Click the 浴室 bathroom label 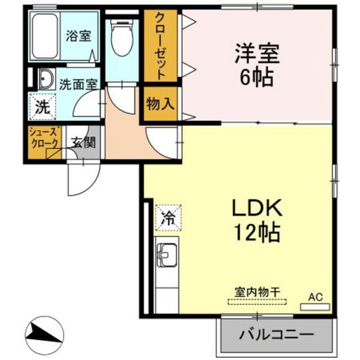click(79, 36)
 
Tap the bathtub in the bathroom click(44, 36)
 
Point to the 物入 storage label click(160, 103)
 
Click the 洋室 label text click(256, 54)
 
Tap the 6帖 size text click(256, 78)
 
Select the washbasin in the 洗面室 click(47, 79)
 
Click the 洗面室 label click(79, 84)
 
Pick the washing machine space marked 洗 click(43, 107)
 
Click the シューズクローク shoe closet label click(44, 138)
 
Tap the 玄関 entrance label click(83, 143)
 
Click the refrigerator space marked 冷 click(169, 218)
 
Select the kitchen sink click(167, 255)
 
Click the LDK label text click(257, 208)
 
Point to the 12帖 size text click(256, 232)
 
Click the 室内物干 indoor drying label click(257, 292)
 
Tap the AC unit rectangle click(315, 307)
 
